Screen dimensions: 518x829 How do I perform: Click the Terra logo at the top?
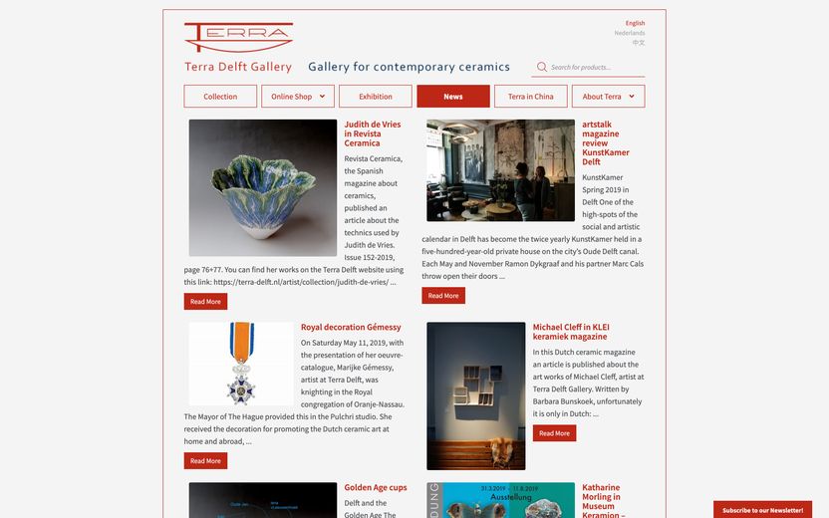tap(238, 38)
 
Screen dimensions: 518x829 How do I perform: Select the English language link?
tap(635, 23)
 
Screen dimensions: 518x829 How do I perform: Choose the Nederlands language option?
tap(629, 33)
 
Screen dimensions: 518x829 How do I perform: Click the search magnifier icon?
tap(542, 67)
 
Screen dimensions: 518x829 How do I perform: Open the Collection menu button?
tap(220, 97)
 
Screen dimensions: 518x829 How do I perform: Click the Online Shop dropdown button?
tap(298, 97)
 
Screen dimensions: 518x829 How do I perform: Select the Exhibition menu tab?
tap(376, 97)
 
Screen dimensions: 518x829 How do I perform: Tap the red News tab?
tap(453, 97)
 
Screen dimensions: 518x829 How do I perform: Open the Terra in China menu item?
tap(531, 97)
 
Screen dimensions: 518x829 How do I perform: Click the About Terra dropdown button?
tap(608, 97)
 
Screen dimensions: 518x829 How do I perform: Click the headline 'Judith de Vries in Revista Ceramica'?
tap(372, 133)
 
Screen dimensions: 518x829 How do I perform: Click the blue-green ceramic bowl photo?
tap(263, 188)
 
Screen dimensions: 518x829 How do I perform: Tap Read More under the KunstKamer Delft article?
tap(443, 296)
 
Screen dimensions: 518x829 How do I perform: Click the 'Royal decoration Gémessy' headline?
tap(351, 327)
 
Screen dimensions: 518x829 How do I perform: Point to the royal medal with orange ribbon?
tap(240, 362)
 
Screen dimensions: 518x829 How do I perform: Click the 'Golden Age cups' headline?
tap(376, 488)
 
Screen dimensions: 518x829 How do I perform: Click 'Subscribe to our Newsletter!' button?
tap(762, 510)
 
